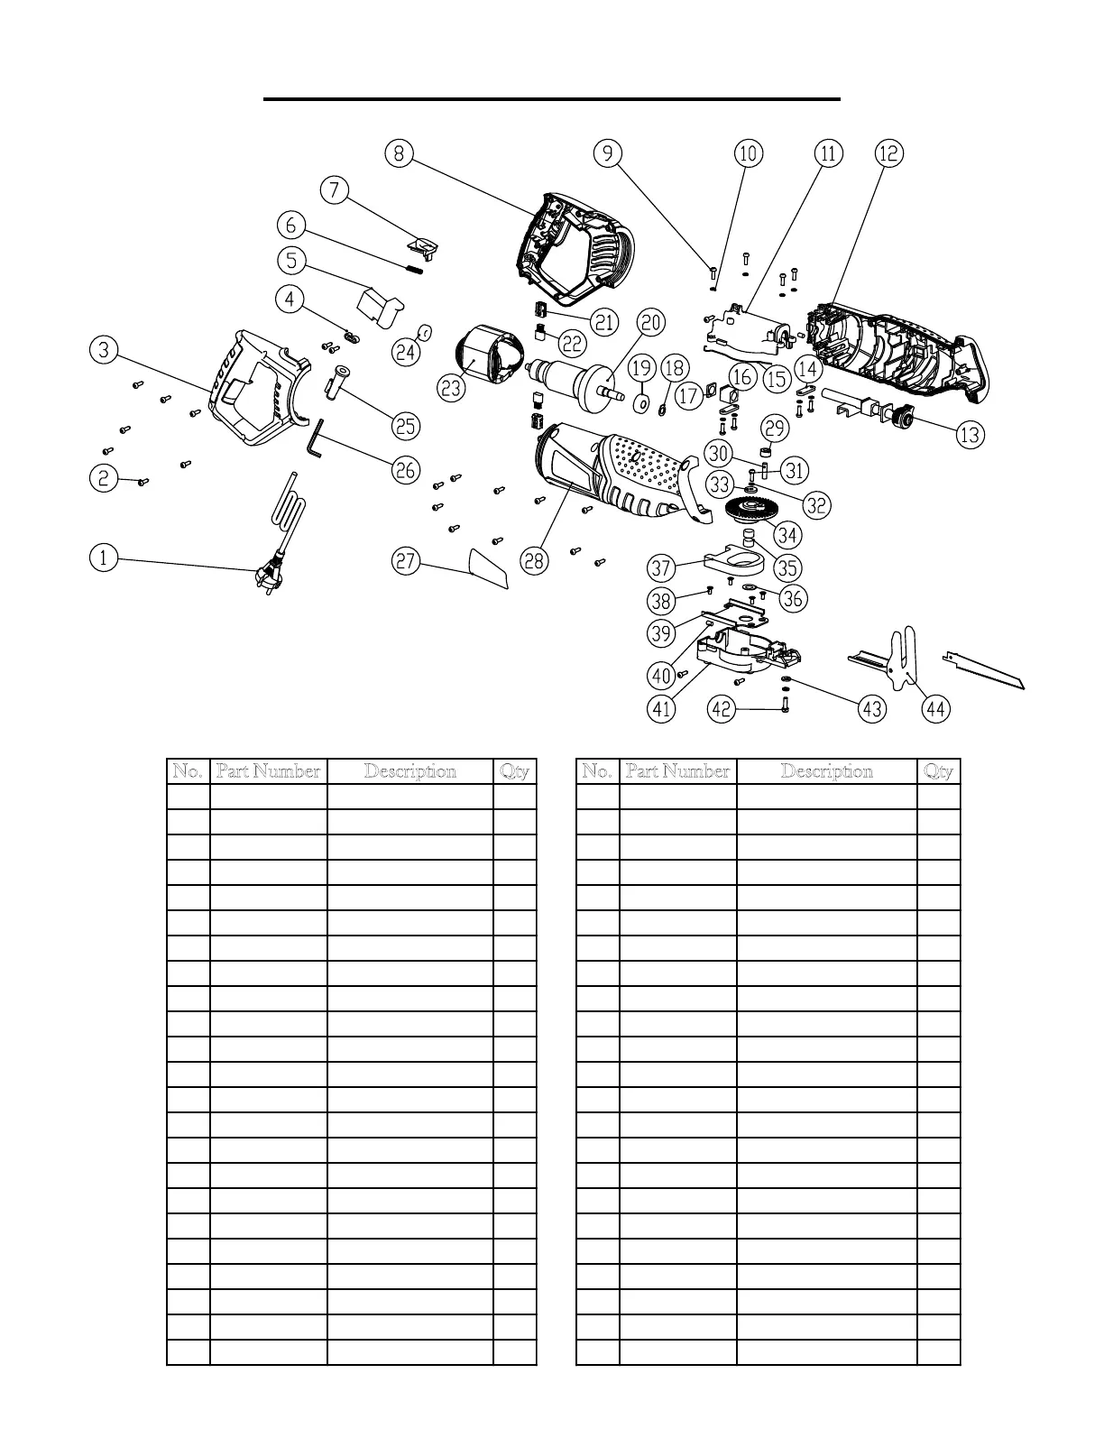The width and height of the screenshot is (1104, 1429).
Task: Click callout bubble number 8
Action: point(399,153)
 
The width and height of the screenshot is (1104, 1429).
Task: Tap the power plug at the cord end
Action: point(268,576)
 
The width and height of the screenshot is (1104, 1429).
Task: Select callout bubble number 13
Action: point(970,435)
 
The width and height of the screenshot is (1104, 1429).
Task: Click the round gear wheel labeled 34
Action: point(748,514)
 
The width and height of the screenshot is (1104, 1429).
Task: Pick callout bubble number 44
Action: point(936,709)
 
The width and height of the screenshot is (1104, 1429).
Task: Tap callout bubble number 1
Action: point(104,558)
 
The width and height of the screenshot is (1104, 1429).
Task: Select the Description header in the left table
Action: point(409,771)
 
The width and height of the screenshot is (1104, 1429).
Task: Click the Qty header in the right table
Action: point(938,771)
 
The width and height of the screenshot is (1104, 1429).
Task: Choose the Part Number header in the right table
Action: point(677,771)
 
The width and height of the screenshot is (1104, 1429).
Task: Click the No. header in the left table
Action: point(188,771)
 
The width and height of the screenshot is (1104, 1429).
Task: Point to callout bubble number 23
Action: point(452,388)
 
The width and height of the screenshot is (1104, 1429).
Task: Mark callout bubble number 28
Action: point(534,561)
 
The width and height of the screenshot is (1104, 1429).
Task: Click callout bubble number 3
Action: point(104,349)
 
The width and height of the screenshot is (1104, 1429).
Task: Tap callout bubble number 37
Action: point(662,568)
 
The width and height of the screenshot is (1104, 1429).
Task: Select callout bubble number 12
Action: point(888,153)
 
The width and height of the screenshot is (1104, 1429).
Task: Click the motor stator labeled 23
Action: point(490,357)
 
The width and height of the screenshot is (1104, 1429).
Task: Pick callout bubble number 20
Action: point(650,323)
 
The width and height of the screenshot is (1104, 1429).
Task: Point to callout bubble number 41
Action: point(662,709)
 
